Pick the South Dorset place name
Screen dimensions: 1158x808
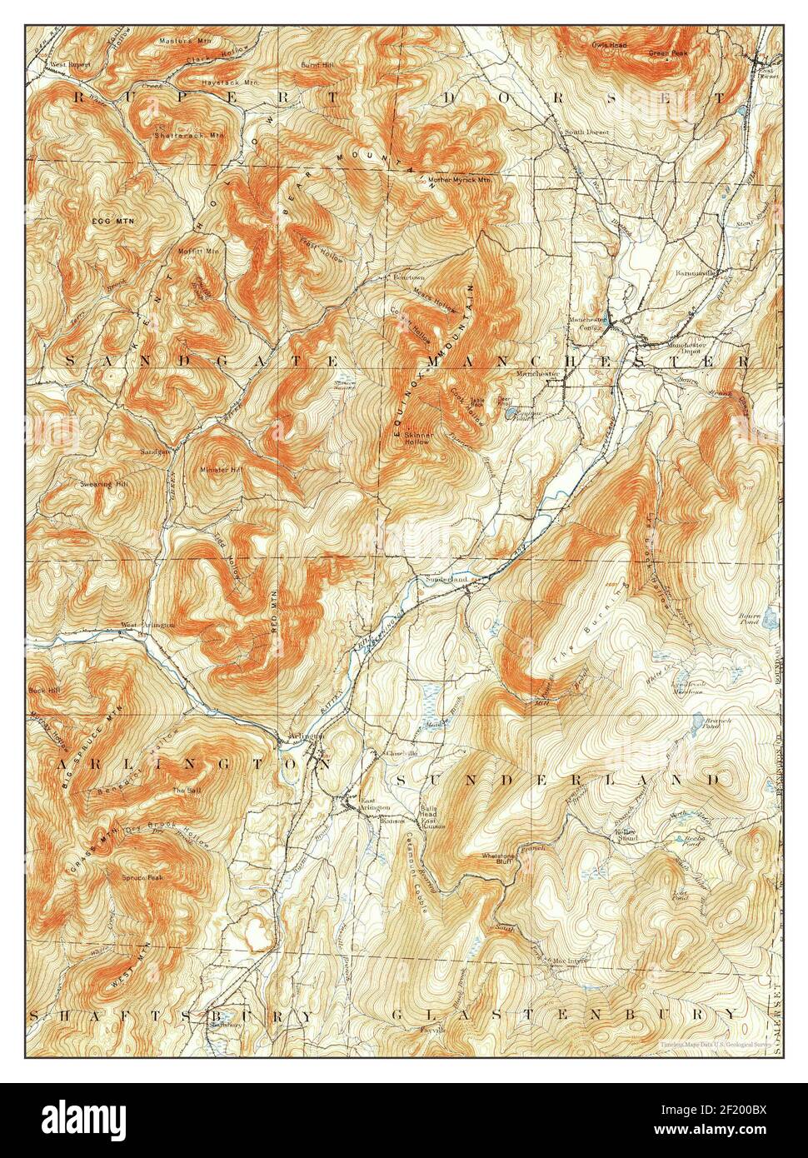click(587, 132)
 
